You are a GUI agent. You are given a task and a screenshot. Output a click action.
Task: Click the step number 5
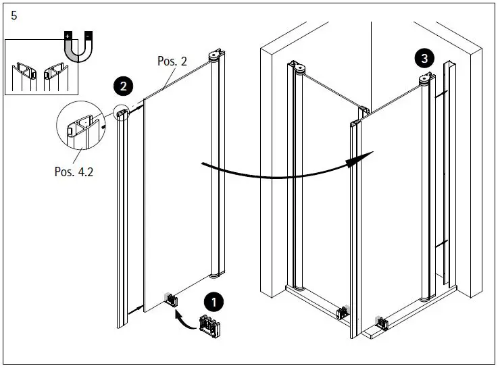coord(14,16)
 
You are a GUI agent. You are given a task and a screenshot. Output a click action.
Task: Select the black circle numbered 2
coord(123,86)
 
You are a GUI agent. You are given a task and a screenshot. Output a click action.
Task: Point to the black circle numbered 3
coord(424,59)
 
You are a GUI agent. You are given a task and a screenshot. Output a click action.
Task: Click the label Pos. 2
coord(172,61)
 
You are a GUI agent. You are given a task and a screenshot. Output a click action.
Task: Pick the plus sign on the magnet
coord(66,34)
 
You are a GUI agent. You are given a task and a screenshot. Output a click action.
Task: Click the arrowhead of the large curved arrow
coord(361,159)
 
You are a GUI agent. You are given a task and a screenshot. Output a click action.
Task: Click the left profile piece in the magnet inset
coord(26,75)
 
